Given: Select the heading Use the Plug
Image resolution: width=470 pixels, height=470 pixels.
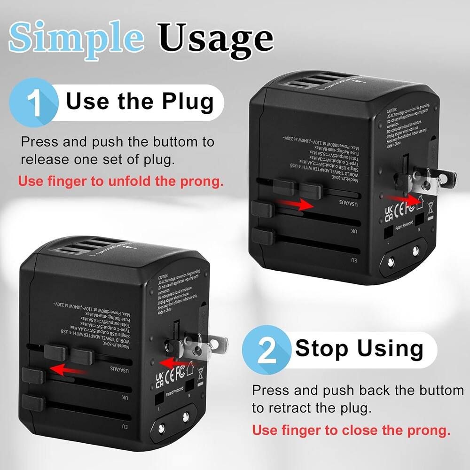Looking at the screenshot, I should point(140,102).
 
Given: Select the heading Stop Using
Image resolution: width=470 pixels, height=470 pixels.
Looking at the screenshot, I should point(359,349).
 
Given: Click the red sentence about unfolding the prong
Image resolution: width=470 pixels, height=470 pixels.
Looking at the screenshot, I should point(121,181).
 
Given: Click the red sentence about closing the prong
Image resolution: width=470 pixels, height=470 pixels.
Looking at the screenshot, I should point(351,430).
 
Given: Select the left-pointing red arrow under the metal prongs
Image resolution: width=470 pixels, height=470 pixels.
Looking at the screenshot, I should point(175,363).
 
